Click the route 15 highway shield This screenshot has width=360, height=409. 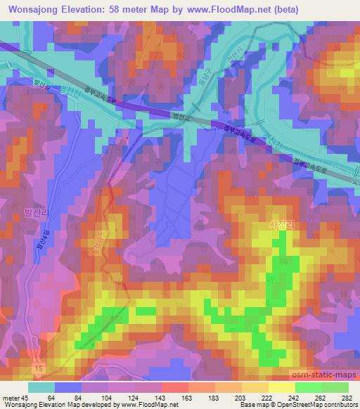click(x=37, y=368)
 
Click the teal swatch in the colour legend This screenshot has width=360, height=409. click(x=41, y=387)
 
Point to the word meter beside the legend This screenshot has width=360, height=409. click(x=12, y=398)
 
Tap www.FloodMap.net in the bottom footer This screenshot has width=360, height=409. click(x=148, y=405)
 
